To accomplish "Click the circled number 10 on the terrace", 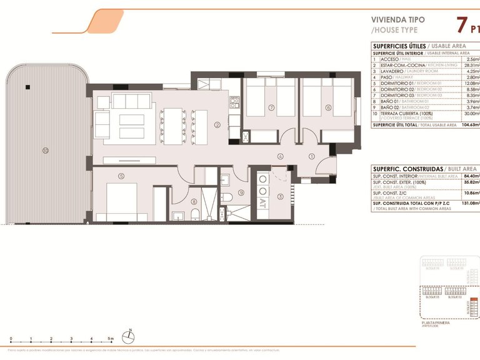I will pyautogui.click(x=45, y=150).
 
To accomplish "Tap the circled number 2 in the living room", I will pyautogui.click(x=217, y=125).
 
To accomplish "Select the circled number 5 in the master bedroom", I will pyautogui.click(x=121, y=176).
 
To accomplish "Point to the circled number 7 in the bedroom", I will pyautogui.click(x=271, y=107).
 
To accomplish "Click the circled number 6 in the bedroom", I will pyautogui.click(x=328, y=107).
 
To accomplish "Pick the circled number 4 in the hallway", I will pyautogui.click(x=281, y=156).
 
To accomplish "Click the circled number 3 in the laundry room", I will pyautogui.click(x=280, y=197).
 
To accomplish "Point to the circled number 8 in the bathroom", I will pyautogui.click(x=194, y=201).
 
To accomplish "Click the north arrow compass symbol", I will pyautogui.click(x=128, y=336).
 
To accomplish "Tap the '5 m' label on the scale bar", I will pyautogui.click(x=111, y=339).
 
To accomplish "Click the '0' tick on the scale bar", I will pyautogui.click(x=11, y=339).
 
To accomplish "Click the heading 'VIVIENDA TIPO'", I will pyautogui.click(x=397, y=19).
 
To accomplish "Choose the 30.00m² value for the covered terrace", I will pyautogui.click(x=469, y=113).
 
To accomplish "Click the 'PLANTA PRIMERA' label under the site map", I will pyautogui.click(x=437, y=323).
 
